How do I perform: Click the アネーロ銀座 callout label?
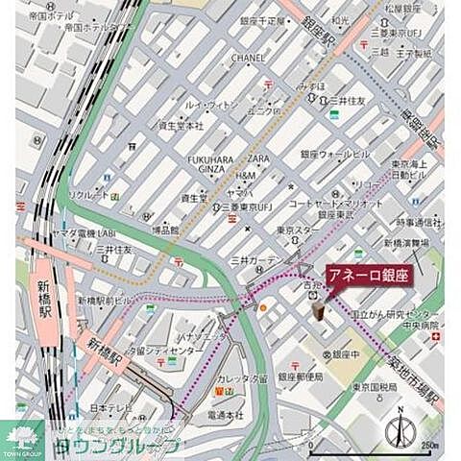[x=369, y=273]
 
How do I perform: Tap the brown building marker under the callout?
[x=315, y=305]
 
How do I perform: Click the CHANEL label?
[x=248, y=58]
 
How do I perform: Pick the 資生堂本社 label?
[x=181, y=126]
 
